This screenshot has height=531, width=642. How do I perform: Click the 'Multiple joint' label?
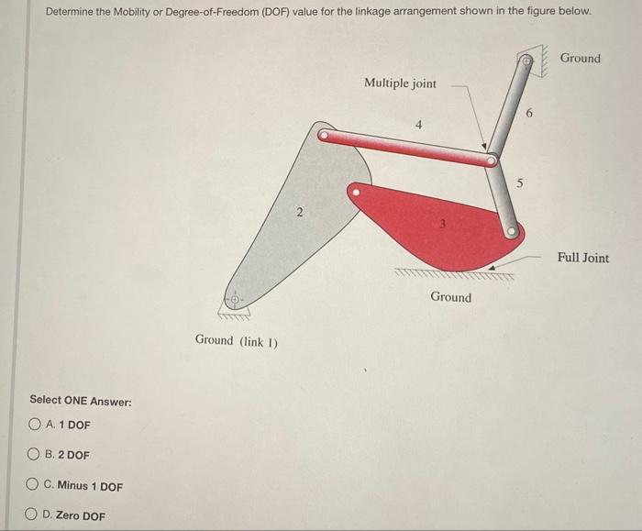pyautogui.click(x=400, y=83)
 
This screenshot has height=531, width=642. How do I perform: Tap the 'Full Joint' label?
pyautogui.click(x=582, y=258)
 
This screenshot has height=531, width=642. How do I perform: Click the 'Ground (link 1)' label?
pyautogui.click(x=237, y=340)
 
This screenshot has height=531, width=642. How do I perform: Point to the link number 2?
pyautogui.click(x=298, y=214)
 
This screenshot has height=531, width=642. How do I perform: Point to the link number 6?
pyautogui.click(x=529, y=113)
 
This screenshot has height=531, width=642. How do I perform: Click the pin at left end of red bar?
pyautogui.click(x=323, y=135)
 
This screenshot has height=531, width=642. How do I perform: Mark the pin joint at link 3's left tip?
pyautogui.click(x=355, y=194)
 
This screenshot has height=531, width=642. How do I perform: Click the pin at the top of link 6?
pyautogui.click(x=526, y=62)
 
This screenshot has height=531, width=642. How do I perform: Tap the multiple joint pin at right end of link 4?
pyautogui.click(x=493, y=161)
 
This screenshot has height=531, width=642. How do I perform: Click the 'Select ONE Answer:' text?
pyautogui.click(x=81, y=401)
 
